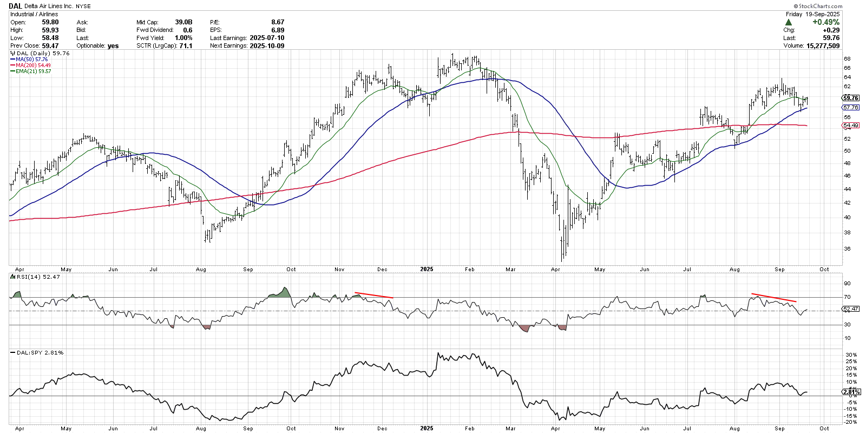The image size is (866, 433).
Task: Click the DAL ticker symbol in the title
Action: (x=15, y=6)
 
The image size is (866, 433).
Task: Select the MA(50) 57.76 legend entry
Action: (x=29, y=59)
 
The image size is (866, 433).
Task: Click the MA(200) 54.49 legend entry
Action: (x=30, y=65)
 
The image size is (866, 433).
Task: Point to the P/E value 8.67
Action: (x=278, y=22)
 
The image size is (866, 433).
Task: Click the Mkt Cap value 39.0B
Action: (x=183, y=22)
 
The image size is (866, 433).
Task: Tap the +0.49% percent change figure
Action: (x=826, y=22)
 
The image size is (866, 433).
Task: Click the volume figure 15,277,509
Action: (x=823, y=45)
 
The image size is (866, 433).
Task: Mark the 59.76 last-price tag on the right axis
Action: (x=850, y=98)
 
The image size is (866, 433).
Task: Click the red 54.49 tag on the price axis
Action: (x=850, y=125)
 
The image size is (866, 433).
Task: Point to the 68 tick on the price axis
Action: (x=847, y=59)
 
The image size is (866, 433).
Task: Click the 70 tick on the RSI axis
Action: (x=847, y=297)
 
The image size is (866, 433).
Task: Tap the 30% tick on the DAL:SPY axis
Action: (x=849, y=355)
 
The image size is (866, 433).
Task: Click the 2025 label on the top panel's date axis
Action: (x=427, y=269)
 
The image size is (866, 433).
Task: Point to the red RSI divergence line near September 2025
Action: (x=774, y=298)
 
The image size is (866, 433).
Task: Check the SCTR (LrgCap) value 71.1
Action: (x=186, y=45)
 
